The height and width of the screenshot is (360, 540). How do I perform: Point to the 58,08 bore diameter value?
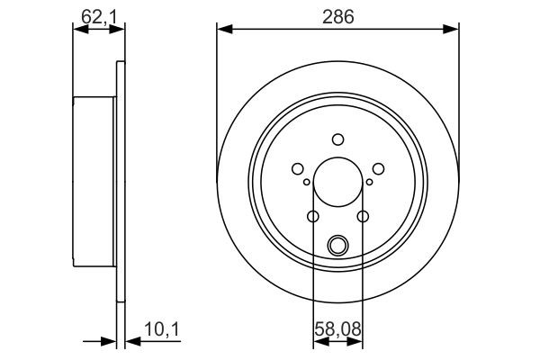click(x=337, y=329)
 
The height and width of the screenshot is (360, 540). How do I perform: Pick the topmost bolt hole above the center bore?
click(x=337, y=139)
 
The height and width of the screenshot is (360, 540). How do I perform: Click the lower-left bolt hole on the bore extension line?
click(x=313, y=216)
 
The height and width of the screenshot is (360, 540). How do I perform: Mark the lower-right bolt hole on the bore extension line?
click(x=362, y=216)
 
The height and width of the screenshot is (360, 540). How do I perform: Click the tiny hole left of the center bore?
click(x=307, y=183)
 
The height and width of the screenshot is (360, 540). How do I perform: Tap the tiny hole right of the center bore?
click(x=369, y=183)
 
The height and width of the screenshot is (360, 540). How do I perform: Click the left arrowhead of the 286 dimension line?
click(x=223, y=31)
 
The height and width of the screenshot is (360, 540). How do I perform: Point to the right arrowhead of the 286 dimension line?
click(x=453, y=31)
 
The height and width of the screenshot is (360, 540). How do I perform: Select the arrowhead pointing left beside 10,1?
click(x=128, y=341)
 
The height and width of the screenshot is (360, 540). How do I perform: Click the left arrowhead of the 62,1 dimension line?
click(x=77, y=31)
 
